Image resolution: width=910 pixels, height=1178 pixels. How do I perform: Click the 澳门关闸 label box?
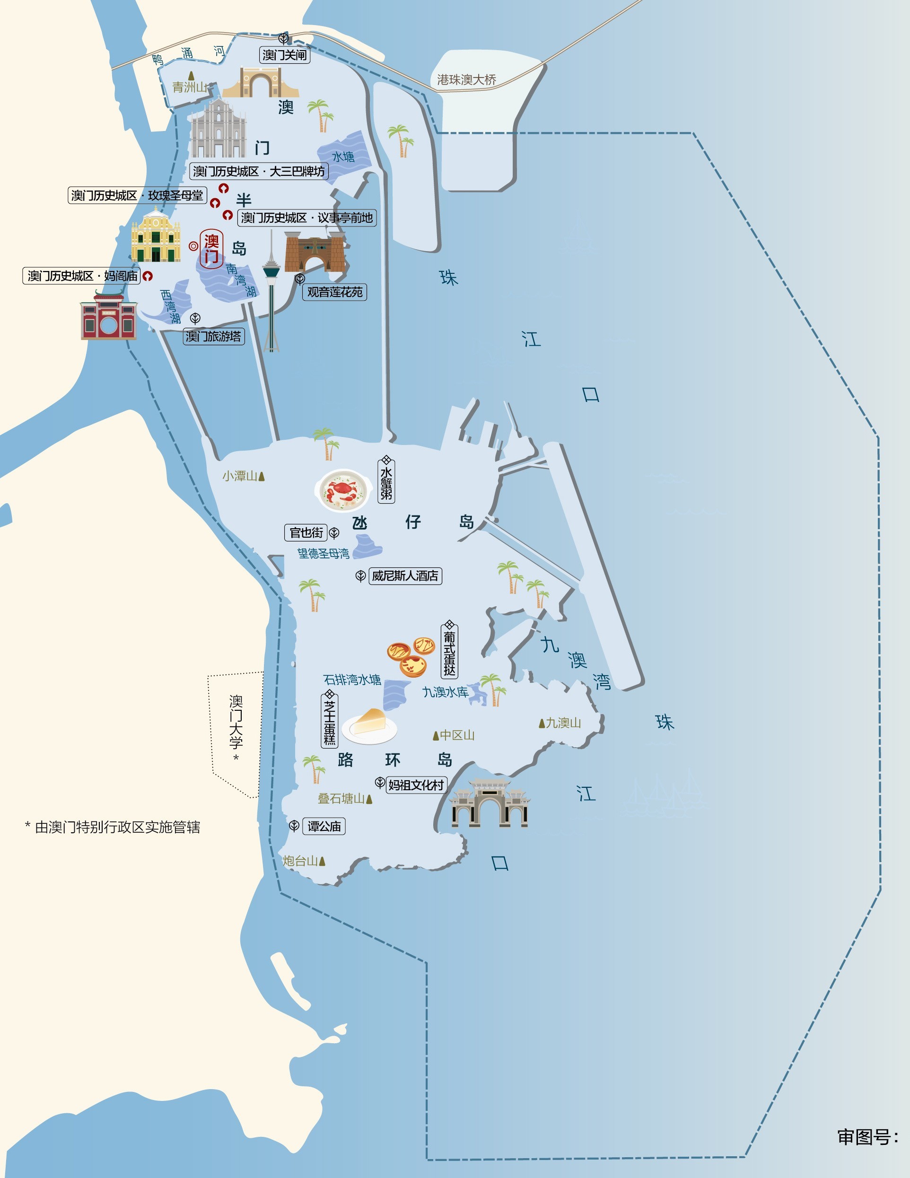click(285, 55)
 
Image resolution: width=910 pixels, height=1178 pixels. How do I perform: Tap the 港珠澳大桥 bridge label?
click(466, 80)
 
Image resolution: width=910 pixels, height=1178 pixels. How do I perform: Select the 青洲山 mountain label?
click(189, 87)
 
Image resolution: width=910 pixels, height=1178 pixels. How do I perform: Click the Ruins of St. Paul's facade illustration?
click(218, 130)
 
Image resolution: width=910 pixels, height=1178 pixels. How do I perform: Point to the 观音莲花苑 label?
click(334, 292)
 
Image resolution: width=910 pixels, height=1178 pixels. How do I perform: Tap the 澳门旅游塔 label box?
click(214, 337)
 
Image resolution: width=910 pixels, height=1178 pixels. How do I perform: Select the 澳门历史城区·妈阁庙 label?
click(82, 276)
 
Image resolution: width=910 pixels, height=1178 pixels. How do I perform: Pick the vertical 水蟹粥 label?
click(386, 482)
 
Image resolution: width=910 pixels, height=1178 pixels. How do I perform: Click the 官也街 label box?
click(306, 533)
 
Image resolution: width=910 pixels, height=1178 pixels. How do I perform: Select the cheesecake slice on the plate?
click(370, 724)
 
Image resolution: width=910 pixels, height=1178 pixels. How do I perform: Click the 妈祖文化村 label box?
click(416, 785)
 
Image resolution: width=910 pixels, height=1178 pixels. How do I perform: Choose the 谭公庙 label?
click(324, 826)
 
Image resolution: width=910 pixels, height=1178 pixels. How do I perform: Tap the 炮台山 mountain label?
click(301, 861)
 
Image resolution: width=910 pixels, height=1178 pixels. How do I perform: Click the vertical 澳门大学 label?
click(236, 723)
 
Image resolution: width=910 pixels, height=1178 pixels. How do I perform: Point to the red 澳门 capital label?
click(211, 249)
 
